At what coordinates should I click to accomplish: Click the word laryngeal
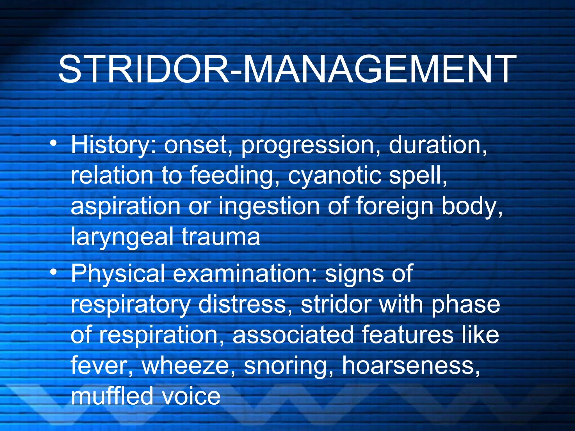coord(122,237)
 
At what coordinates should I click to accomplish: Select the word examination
coord(245,274)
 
